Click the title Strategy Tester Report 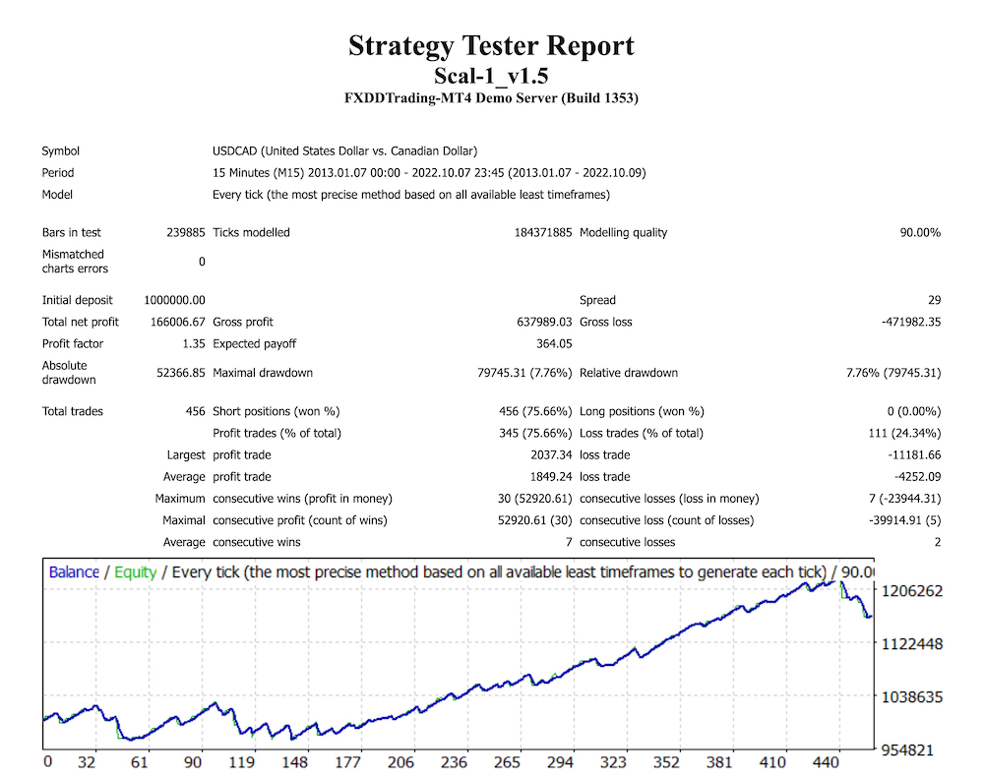[491, 46]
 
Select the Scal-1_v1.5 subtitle [491, 76]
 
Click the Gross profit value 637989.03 [537, 322]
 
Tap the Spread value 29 [934, 300]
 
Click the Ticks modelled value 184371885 [531, 233]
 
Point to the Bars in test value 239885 [186, 233]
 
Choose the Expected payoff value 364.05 [551, 343]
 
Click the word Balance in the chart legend [74, 571]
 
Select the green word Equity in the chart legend [135, 571]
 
